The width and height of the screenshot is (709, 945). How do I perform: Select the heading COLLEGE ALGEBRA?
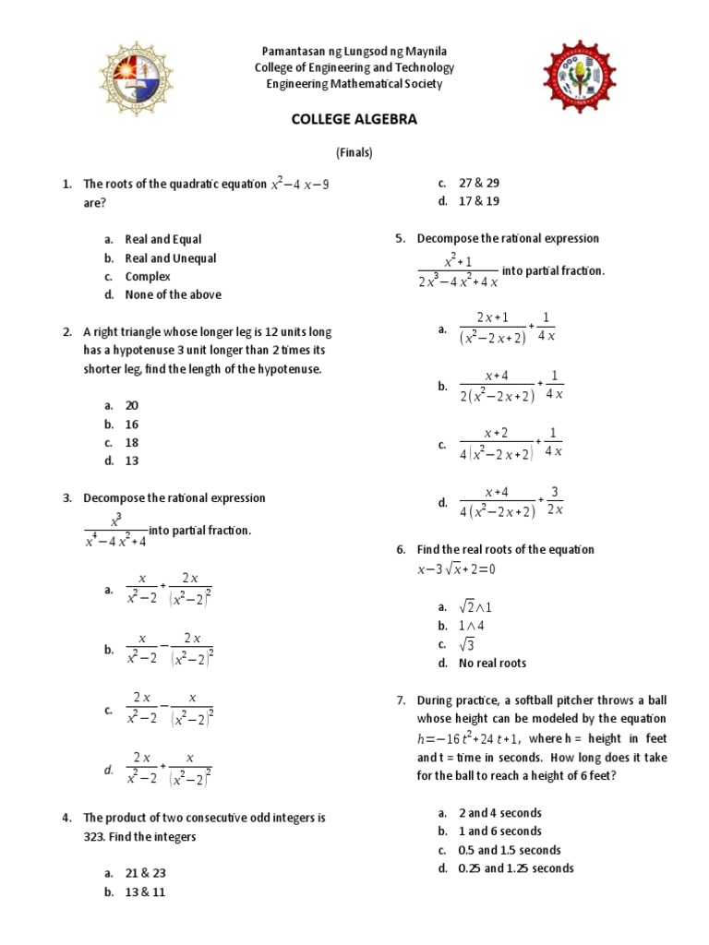coord(354,120)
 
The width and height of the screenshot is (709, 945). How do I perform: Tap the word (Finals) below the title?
coord(354,153)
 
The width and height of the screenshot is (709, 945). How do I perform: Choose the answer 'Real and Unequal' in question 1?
coord(171,258)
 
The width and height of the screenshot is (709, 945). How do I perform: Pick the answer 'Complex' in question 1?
coord(148,277)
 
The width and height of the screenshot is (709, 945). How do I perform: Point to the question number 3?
coord(67,498)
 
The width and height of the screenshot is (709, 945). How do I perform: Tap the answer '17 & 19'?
coord(479,201)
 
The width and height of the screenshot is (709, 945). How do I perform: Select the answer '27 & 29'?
coord(479,183)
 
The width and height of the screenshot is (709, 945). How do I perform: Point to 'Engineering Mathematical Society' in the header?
coord(354,84)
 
